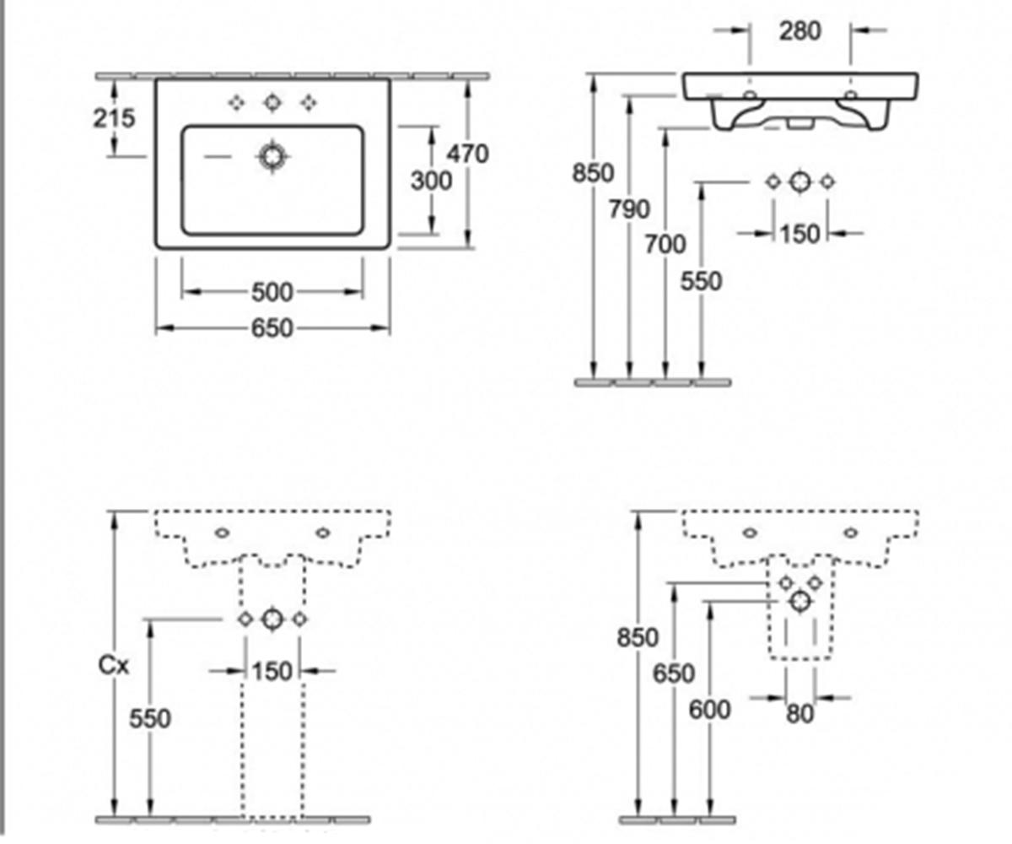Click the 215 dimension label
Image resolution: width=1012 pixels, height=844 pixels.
(114, 118)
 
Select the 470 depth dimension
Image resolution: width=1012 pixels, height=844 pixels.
(468, 154)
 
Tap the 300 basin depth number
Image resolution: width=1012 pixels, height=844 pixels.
(431, 181)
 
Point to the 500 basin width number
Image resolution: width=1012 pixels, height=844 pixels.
(272, 292)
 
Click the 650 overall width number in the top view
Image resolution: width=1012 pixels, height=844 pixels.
(272, 328)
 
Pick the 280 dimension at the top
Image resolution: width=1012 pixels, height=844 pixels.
(800, 30)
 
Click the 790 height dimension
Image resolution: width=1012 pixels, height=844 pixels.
(629, 209)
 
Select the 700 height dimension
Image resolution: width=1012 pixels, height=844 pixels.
(665, 244)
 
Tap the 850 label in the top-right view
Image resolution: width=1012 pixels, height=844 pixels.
(593, 173)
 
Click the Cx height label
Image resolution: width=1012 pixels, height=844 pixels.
(114, 666)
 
